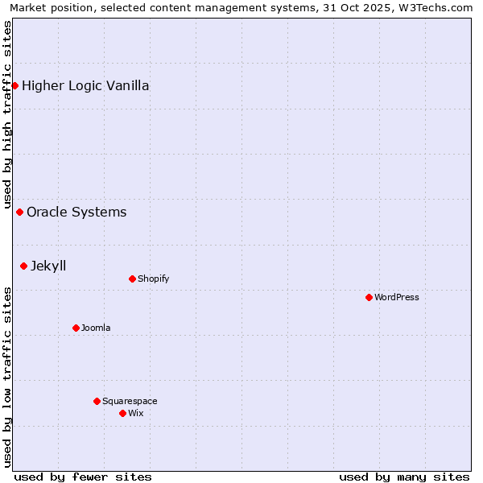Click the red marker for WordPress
tap(369, 297)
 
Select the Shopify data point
tap(132, 279)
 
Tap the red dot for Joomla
tap(76, 328)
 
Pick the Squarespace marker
tap(97, 401)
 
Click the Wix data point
tap(122, 413)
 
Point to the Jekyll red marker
tap(23, 266)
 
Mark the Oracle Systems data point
tap(19, 212)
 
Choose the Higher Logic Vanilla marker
tap(14, 85)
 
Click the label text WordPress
tap(397, 298)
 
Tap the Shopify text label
tap(153, 279)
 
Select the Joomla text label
tap(96, 328)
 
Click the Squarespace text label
tap(130, 402)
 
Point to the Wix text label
tap(136, 414)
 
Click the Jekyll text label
tap(48, 266)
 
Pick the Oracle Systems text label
tap(76, 213)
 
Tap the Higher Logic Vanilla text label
tap(85, 86)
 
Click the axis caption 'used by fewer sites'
tap(83, 477)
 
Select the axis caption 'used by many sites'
tap(404, 477)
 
